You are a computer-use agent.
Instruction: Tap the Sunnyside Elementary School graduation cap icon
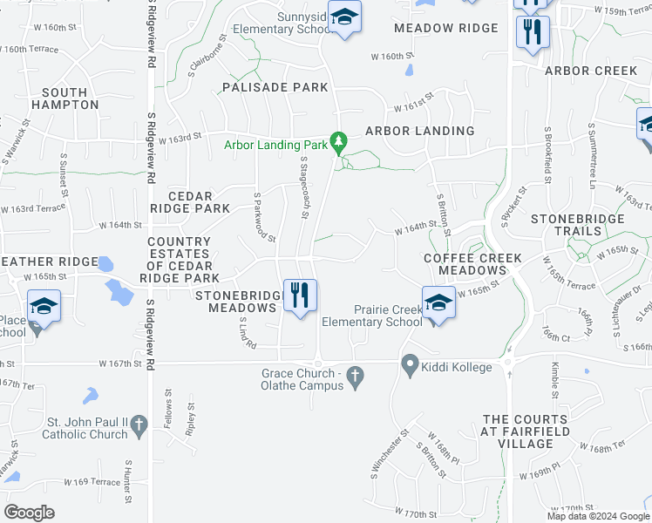tap(346, 18)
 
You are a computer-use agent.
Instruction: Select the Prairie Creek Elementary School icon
tap(438, 303)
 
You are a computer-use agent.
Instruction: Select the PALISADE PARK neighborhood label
tap(275, 87)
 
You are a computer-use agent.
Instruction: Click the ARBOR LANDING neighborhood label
tap(419, 131)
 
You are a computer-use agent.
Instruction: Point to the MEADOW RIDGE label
tap(445, 28)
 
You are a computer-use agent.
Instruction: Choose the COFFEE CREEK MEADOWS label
tap(472, 264)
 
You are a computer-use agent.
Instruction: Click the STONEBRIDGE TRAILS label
tap(578, 225)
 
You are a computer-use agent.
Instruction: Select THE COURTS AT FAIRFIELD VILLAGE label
tap(526, 431)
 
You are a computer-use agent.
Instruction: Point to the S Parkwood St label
tap(264, 217)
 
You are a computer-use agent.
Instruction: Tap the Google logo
tap(29, 513)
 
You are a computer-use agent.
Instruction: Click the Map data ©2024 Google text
tap(598, 516)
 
